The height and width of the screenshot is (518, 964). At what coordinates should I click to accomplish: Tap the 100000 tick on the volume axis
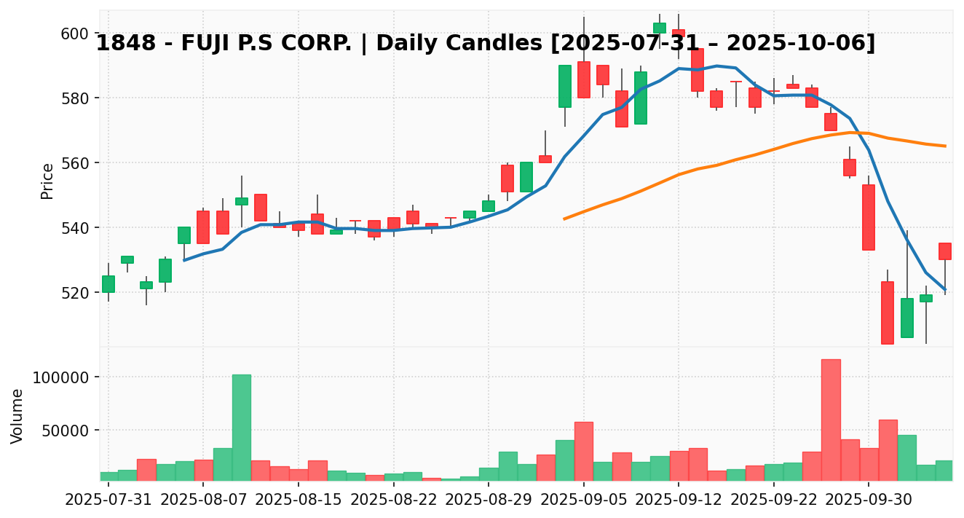(x=61, y=377)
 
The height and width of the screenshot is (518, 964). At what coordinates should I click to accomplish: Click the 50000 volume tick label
(x=65, y=431)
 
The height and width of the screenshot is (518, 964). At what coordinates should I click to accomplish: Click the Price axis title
(x=47, y=181)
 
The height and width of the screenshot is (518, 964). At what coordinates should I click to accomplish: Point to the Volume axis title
(x=17, y=415)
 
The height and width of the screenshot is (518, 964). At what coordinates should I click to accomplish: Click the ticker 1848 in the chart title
(x=119, y=44)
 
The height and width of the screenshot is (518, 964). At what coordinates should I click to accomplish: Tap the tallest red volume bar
(x=831, y=420)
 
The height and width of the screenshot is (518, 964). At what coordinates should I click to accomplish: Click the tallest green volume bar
(x=242, y=427)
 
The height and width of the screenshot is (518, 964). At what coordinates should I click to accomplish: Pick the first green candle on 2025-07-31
(x=108, y=284)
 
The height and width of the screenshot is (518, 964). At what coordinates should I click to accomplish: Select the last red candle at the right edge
(x=945, y=251)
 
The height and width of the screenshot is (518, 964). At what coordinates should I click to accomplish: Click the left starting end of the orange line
(x=564, y=219)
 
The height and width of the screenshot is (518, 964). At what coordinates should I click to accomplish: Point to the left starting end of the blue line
(x=184, y=260)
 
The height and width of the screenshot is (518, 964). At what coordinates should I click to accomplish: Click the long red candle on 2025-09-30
(x=869, y=217)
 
